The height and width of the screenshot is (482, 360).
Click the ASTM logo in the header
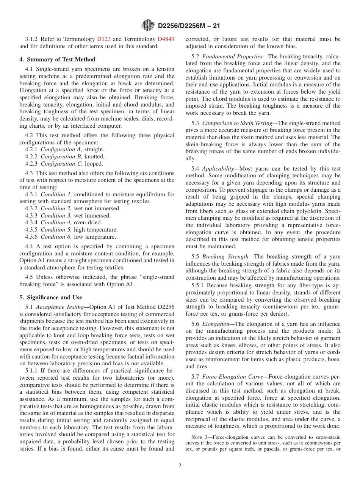click(x=148, y=25)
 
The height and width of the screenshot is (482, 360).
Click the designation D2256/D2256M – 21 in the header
click(x=188, y=26)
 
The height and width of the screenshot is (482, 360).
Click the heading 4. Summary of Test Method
click(x=57, y=59)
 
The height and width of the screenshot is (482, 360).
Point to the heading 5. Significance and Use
click(x=51, y=297)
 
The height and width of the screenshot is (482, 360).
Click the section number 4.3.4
click(x=32, y=222)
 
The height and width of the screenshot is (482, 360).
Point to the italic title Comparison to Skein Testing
click(x=237, y=123)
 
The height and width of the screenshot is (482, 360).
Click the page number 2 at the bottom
click(x=180, y=466)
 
